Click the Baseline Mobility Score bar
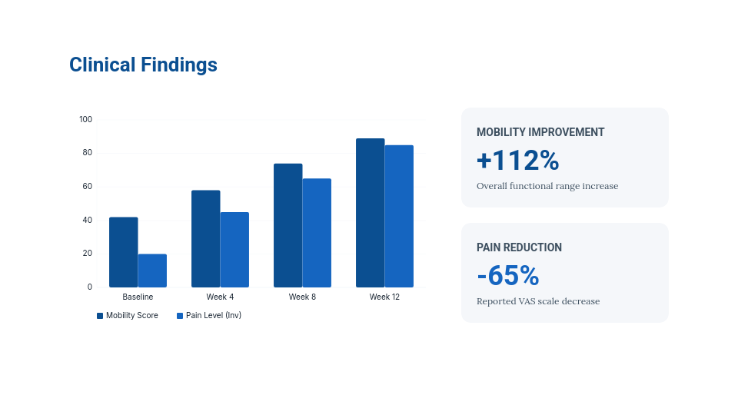click(123, 252)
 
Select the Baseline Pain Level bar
click(152, 271)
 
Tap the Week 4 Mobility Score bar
click(205, 238)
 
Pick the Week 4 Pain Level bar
click(234, 250)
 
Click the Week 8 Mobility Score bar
click(288, 225)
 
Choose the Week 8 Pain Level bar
click(317, 233)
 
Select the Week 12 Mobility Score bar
click(370, 213)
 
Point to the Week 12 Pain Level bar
click(399, 216)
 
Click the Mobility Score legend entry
click(128, 315)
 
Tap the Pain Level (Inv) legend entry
click(209, 315)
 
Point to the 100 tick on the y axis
click(85, 119)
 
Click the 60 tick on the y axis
click(87, 186)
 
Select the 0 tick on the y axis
click(89, 287)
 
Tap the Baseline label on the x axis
click(138, 297)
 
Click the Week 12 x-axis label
click(384, 297)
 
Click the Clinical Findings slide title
click(143, 65)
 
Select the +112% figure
click(517, 160)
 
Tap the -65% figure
click(507, 275)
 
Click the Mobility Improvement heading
click(540, 132)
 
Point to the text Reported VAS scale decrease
click(538, 301)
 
